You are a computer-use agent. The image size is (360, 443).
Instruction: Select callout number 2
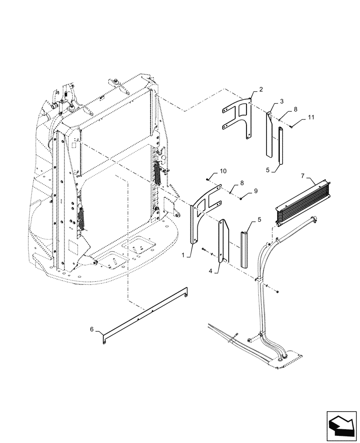[261, 89]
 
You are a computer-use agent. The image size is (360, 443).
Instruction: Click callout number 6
[92, 329]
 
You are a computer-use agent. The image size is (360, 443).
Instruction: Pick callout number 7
[303, 176]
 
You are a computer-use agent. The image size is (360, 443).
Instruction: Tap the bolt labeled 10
[207, 179]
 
